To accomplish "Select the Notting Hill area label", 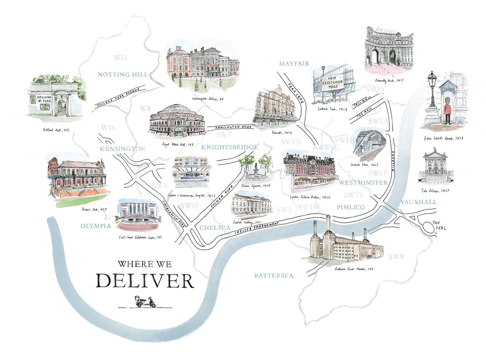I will (122, 75).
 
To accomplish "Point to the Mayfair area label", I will (294, 64).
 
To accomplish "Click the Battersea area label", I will (273, 276).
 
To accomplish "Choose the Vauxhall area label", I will (418, 202).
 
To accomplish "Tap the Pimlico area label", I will (351, 207).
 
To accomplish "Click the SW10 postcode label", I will (190, 206).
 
